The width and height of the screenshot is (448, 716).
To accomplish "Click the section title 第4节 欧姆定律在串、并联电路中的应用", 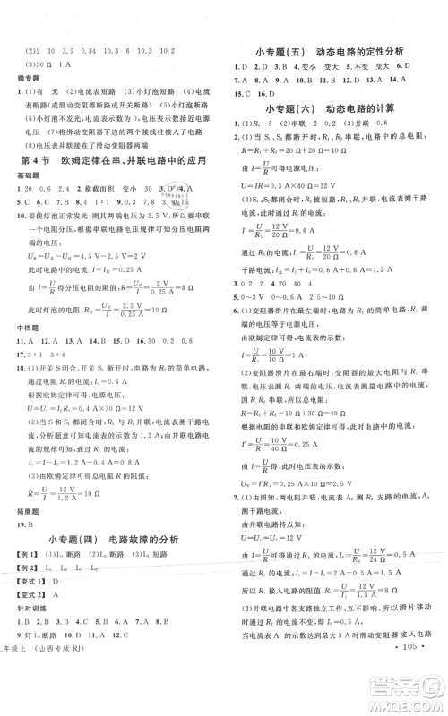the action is coord(112,161).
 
